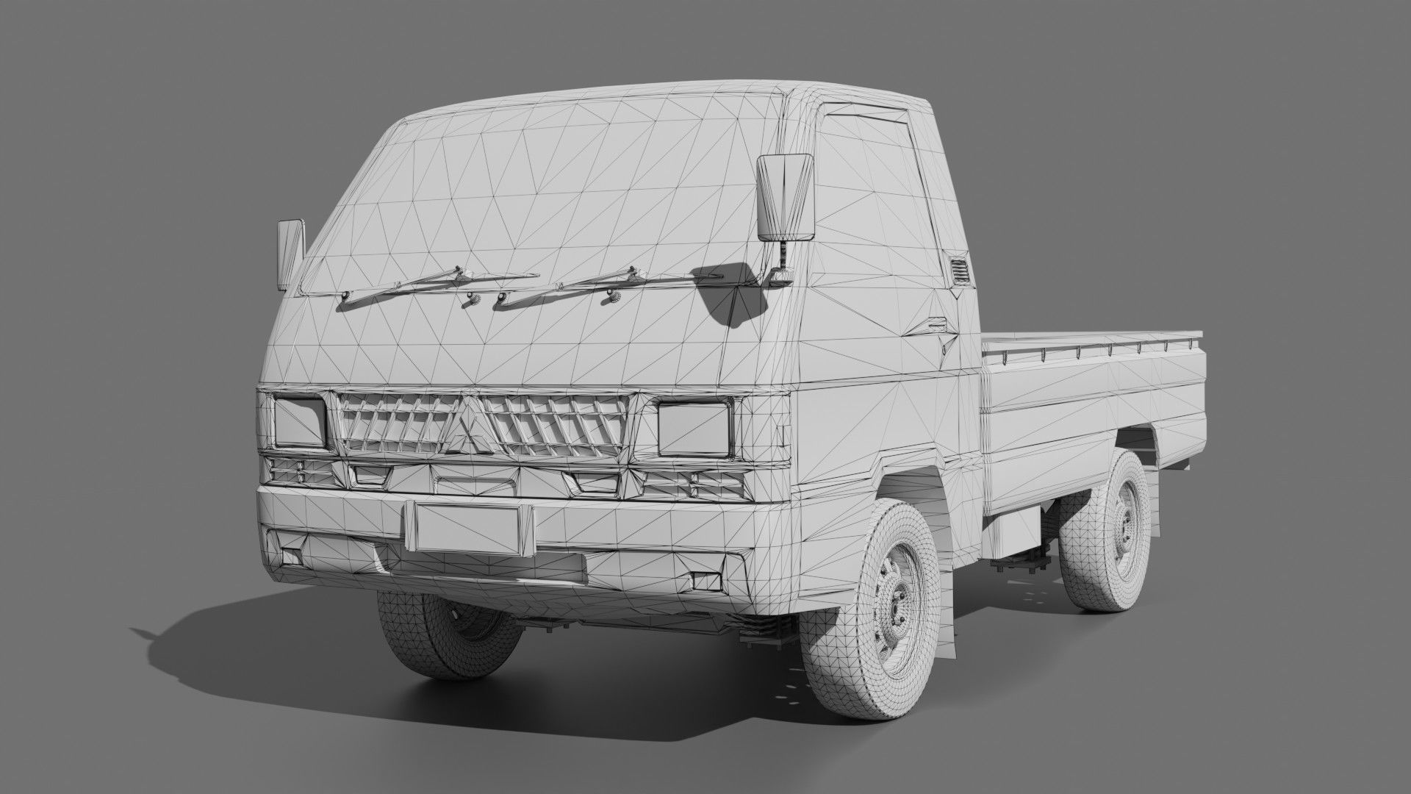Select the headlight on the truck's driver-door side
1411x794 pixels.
694,428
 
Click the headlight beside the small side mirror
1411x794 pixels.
299,421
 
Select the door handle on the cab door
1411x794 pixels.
935,324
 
